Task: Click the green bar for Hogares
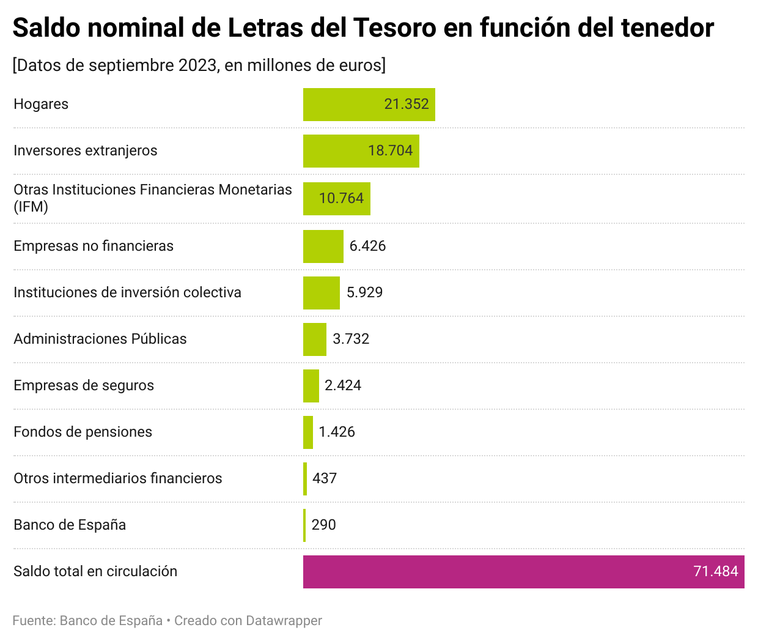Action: coord(342,105)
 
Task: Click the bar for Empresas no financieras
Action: coord(323,246)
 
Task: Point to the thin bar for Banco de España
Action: coord(304,525)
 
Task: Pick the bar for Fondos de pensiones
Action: coord(308,432)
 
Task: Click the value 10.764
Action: coord(341,198)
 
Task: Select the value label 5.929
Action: coord(364,292)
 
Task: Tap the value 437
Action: coord(325,478)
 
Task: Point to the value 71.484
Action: coord(715,571)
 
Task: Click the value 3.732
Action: coord(351,339)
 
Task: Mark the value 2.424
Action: coord(343,385)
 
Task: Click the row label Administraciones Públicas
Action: coord(100,339)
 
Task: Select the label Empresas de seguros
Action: coord(84,385)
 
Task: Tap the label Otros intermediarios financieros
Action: coord(118,478)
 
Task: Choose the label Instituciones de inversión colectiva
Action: coord(127,292)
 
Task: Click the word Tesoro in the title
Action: coord(395,28)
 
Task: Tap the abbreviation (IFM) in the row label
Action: coord(31,207)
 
